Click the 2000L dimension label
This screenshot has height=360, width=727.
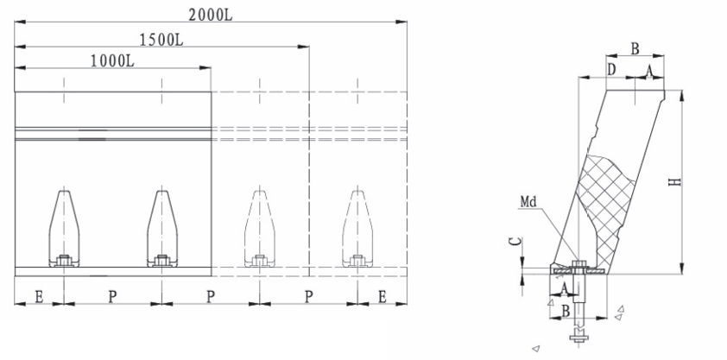click(x=210, y=16)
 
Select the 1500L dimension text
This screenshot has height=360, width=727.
click(x=161, y=40)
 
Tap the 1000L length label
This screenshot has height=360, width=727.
click(x=112, y=61)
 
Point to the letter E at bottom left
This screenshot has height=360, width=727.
click(x=40, y=297)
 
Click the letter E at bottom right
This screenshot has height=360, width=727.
click(x=382, y=297)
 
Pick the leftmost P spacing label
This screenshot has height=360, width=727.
click(x=112, y=297)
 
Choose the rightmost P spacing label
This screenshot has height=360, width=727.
click(x=308, y=297)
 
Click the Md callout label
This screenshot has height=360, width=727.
click(x=528, y=201)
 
